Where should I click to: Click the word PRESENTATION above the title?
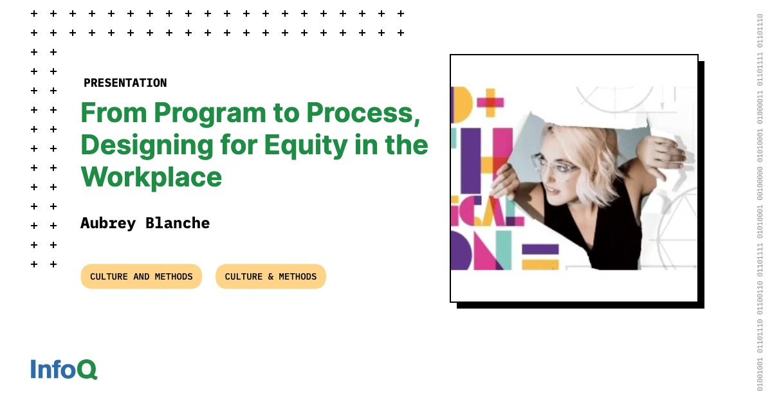[x=125, y=83]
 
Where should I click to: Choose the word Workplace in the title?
[x=151, y=177]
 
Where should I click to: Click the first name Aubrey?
[x=108, y=223]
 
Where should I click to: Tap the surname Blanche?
[x=178, y=223]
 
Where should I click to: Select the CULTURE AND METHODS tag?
[x=141, y=276]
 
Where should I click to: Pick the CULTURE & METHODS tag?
[x=270, y=276]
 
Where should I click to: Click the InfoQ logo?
[x=64, y=370]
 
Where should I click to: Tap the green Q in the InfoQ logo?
[x=87, y=370]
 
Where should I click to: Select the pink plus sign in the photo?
[x=490, y=102]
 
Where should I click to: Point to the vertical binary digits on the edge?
[x=760, y=203]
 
